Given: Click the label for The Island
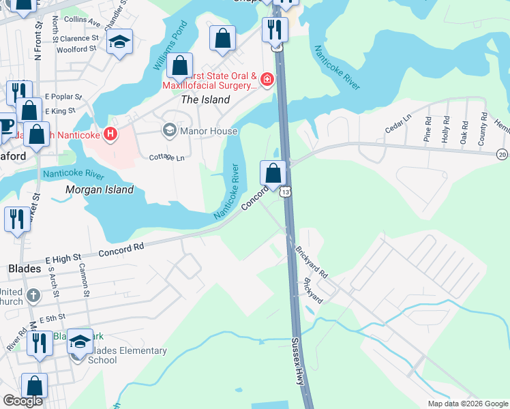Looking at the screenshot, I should [x=205, y=100].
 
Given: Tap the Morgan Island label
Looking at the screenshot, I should [x=99, y=190].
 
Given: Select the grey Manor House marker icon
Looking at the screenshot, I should [x=168, y=130].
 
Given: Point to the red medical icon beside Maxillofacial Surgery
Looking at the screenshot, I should [x=267, y=80].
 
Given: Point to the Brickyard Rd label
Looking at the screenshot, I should [x=312, y=262].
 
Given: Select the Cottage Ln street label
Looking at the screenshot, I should [x=167, y=157].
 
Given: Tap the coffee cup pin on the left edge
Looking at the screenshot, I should [x=5, y=125].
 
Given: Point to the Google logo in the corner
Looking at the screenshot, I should [x=22, y=402].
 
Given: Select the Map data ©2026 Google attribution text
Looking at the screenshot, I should [x=467, y=404].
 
